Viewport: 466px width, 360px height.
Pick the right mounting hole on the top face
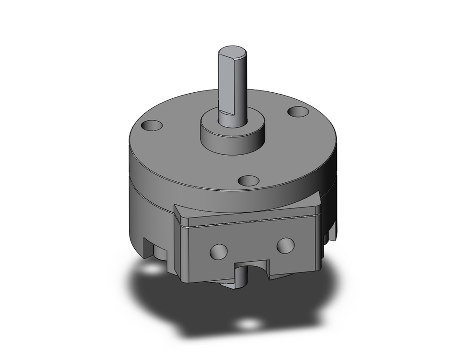click(298, 112)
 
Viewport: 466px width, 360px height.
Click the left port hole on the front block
click(218, 252)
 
